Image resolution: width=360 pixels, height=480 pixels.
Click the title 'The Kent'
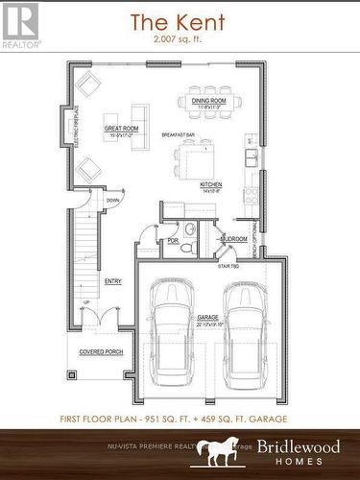(x=180, y=21)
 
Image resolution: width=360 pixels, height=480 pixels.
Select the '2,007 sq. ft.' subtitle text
(x=180, y=40)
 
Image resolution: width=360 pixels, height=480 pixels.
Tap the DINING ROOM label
(x=208, y=101)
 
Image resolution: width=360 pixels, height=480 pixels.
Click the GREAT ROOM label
(x=122, y=128)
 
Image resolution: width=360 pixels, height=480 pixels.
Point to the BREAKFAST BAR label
(x=179, y=135)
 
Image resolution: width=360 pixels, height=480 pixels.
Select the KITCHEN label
(x=211, y=183)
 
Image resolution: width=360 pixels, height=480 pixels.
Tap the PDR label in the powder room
(x=173, y=240)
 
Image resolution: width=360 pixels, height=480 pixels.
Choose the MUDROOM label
(x=234, y=238)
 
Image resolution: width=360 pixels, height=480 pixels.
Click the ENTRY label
(x=113, y=281)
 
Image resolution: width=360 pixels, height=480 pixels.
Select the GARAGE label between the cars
(x=208, y=316)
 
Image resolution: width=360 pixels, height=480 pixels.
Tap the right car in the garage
(x=245, y=331)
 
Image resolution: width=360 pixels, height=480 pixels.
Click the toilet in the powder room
(x=190, y=229)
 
